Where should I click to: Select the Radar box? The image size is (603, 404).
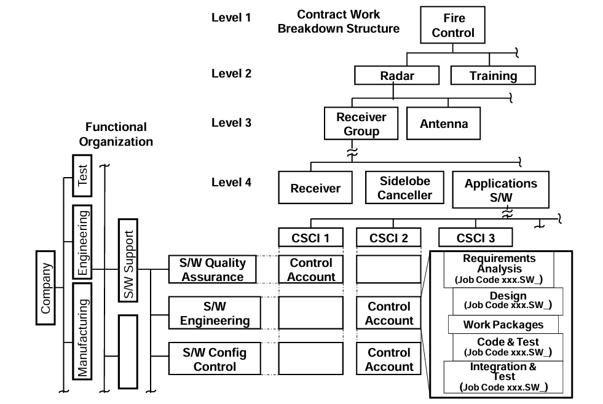[397, 76]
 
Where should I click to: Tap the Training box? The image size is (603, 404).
[493, 76]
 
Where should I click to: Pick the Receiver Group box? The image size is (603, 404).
[361, 124]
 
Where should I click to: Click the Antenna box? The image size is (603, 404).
[444, 124]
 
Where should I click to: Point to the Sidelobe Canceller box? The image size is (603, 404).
[405, 188]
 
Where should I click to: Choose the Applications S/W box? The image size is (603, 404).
[500, 190]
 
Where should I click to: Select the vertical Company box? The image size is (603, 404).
[47, 288]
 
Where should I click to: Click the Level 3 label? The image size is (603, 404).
[231, 122]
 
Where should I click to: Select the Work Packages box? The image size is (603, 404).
[503, 324]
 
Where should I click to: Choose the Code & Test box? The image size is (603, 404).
[508, 346]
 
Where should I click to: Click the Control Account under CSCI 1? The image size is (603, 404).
[312, 270]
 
